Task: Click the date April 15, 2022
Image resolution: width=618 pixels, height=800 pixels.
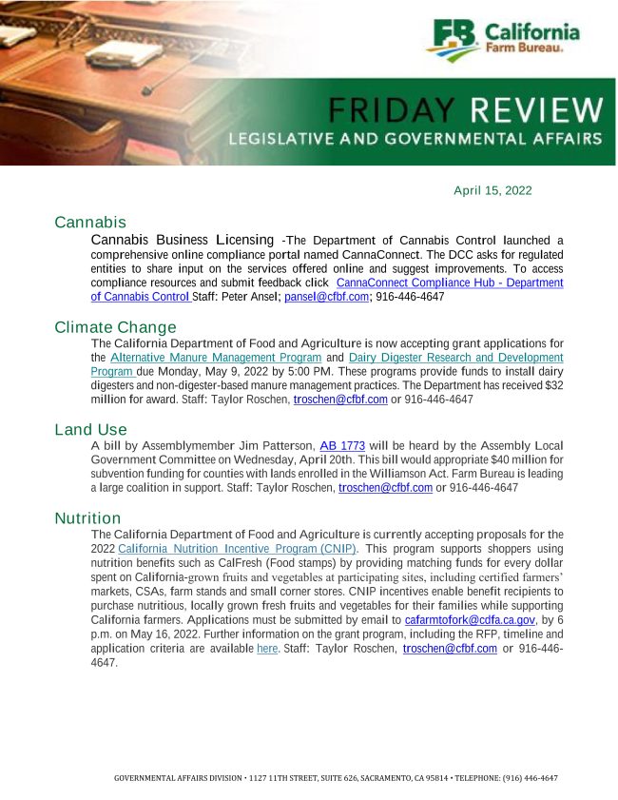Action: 492,190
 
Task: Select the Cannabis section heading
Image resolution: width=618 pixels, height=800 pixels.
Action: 90,223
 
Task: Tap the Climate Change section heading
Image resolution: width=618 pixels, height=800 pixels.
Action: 115,328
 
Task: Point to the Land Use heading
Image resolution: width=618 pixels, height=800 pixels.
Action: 90,430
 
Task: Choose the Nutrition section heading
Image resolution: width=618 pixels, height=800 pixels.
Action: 87,518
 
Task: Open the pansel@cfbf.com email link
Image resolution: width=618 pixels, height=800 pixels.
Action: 326,297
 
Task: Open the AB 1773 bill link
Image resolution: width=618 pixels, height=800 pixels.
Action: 342,445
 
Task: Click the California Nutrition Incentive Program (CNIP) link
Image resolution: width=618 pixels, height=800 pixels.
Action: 238,549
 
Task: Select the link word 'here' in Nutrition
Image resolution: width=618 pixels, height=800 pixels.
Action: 266,649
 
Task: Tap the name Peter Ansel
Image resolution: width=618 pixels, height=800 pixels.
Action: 250,297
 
